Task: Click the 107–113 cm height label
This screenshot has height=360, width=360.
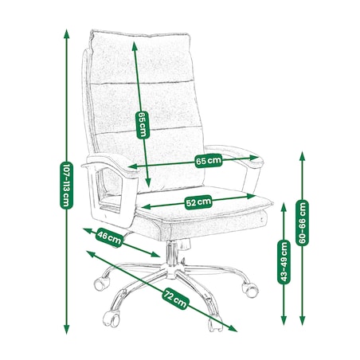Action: click(66, 186)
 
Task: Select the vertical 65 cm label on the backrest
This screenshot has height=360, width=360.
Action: click(143, 125)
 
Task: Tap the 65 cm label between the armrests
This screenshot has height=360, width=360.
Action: click(209, 161)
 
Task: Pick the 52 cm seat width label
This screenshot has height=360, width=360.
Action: click(198, 202)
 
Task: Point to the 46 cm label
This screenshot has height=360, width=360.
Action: click(109, 237)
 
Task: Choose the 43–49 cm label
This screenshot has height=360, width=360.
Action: click(284, 262)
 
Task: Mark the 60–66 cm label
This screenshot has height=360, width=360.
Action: click(302, 222)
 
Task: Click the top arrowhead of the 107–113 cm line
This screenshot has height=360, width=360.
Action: click(66, 34)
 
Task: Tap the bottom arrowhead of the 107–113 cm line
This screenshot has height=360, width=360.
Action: click(66, 329)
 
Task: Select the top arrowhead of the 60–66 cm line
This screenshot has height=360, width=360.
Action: click(302, 156)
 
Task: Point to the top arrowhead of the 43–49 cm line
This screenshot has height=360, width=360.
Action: click(284, 207)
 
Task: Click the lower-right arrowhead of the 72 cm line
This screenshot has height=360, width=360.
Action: click(233, 329)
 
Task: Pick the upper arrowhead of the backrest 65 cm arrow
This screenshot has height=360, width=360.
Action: click(135, 46)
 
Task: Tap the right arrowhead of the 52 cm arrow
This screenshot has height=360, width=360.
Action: click(251, 197)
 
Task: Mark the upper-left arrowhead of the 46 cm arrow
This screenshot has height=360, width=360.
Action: click(88, 230)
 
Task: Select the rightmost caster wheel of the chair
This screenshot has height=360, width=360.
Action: click(250, 289)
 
